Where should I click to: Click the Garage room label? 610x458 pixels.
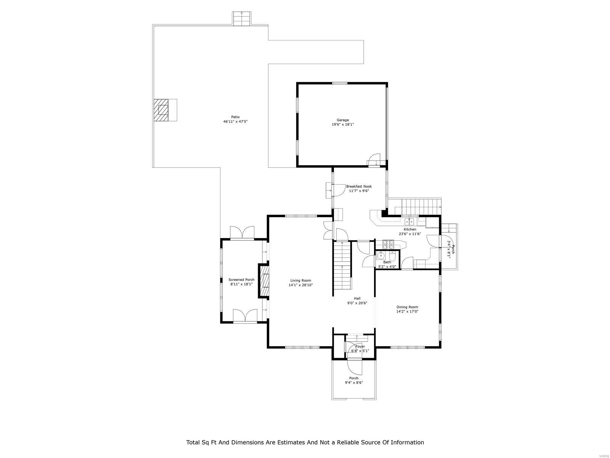342,120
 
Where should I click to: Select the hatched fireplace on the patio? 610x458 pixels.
161,110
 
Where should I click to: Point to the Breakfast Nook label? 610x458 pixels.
359,186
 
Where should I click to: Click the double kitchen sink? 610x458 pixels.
409,221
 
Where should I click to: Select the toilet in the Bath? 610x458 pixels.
393,256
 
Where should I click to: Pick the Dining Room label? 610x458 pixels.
407,307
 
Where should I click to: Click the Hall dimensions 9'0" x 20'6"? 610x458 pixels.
357,303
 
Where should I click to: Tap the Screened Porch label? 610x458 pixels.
241,279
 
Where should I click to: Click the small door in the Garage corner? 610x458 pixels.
375,160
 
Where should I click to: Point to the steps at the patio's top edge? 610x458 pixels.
242,18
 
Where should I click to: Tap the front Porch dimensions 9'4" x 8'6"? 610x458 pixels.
354,382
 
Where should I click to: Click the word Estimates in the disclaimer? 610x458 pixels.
286,442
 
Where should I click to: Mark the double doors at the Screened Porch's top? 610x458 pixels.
242,232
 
